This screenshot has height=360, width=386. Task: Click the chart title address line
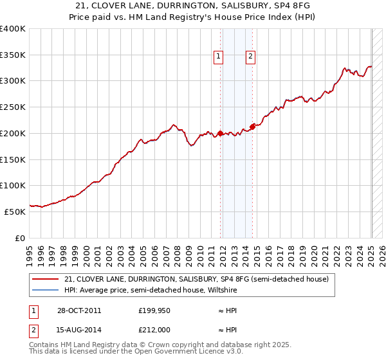192,5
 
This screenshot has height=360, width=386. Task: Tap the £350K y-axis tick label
13,55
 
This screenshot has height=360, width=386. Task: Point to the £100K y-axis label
13,185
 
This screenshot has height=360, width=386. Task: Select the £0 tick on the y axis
20,238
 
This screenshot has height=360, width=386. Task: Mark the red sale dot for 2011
220,134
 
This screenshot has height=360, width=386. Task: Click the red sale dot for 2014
252,127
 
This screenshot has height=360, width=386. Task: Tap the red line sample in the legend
45,279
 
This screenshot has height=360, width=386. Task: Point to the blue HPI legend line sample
45,290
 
